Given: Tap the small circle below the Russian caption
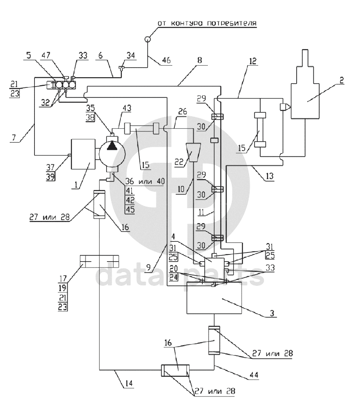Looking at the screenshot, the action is pos(148,39).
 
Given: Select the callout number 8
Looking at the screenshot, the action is pos(200,60).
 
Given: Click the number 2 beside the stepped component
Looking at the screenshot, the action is pos(341,80).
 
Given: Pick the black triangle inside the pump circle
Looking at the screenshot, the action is pos(112,146).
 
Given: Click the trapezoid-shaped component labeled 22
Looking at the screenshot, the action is pos(193,152).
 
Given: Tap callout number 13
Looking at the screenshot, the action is pos(269,176).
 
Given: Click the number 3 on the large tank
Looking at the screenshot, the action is pos(272,313).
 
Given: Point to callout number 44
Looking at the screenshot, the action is pos(254,375).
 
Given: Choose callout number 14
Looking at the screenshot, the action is pos(129,383).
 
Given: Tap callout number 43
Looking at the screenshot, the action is pos(127,108).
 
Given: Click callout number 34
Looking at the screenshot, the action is pos(131,55).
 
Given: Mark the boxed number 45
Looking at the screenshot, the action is pos(130,209).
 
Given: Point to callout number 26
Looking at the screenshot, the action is pos(183,111).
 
